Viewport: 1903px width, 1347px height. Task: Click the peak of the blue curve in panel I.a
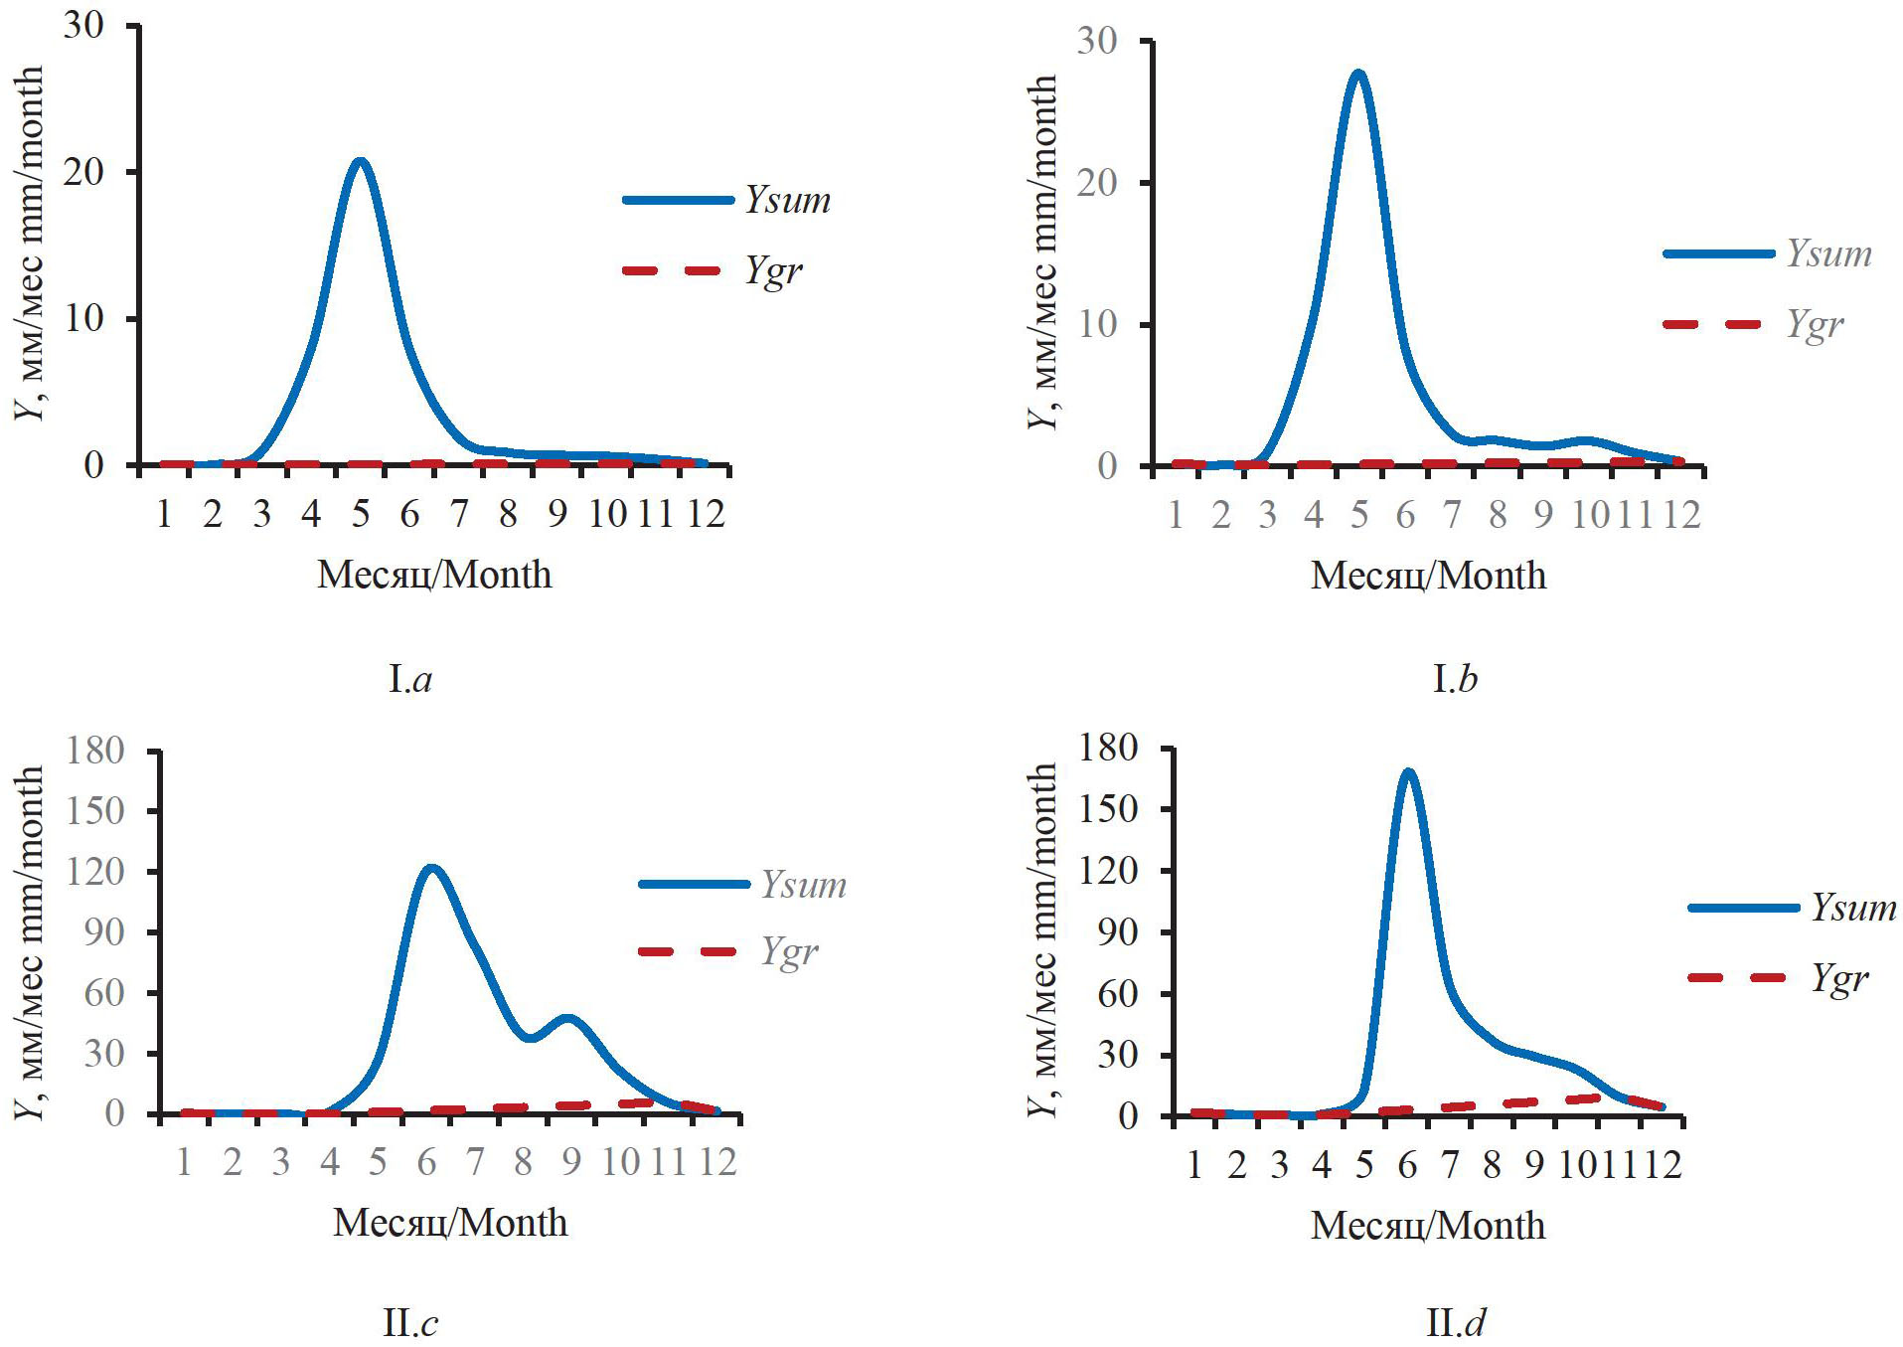[x=360, y=161]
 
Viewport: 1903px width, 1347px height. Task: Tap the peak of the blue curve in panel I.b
[x=1357, y=73]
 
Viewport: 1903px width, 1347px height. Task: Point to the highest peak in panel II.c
[x=430, y=868]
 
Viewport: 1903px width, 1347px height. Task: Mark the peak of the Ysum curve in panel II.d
[x=1407, y=771]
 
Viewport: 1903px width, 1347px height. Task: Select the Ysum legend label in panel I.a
[x=788, y=200]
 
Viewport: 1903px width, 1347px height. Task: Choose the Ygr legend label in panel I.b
[x=1815, y=325]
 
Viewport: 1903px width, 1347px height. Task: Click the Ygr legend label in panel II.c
[x=789, y=952]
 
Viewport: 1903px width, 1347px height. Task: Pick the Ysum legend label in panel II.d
[x=1853, y=908]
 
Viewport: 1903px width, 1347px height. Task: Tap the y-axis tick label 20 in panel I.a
[x=83, y=172]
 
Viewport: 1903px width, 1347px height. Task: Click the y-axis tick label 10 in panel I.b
[x=1097, y=325]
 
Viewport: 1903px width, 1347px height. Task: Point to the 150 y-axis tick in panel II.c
[x=95, y=811]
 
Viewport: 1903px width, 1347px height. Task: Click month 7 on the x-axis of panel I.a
[x=458, y=514]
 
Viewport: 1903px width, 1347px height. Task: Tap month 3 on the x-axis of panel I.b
[x=1267, y=515]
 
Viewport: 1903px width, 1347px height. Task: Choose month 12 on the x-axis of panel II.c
[x=717, y=1161]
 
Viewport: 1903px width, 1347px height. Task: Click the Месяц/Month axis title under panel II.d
[x=1428, y=1226]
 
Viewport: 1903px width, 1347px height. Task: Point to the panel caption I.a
[x=410, y=680]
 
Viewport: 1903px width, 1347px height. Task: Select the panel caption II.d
[x=1456, y=1323]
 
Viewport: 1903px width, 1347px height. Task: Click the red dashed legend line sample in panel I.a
[x=672, y=270]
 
